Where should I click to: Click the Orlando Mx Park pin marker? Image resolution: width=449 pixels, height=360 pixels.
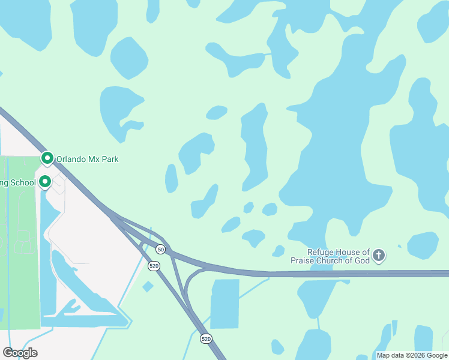point(47,158)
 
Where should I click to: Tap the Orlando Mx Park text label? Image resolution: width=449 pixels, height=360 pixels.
point(87,160)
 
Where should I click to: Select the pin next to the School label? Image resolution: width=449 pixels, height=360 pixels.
point(45,181)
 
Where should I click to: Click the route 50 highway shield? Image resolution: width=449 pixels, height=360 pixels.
point(160,248)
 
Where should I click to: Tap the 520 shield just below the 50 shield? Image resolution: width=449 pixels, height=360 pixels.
point(154,266)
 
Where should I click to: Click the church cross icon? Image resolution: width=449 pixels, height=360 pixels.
point(378,256)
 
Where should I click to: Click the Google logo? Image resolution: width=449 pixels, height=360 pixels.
point(20,353)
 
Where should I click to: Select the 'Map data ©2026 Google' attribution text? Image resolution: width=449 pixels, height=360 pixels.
point(412,355)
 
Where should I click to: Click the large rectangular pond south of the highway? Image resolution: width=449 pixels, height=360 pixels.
point(225,304)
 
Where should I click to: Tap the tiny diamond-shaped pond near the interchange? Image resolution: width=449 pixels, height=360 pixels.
point(148,287)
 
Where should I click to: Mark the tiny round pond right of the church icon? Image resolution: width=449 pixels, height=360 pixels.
point(400,245)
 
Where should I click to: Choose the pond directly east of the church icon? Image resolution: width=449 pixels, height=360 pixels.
point(423,245)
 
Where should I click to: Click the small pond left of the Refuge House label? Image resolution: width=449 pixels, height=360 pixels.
point(278,251)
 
